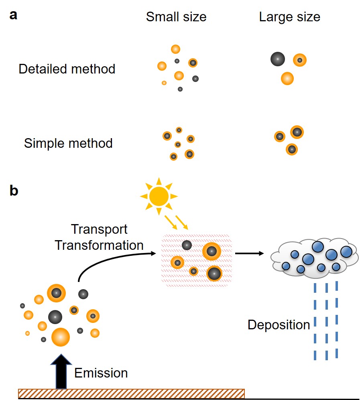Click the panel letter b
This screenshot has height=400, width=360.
14,192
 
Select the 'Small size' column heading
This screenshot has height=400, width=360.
176,17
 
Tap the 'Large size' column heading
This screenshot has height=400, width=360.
289,17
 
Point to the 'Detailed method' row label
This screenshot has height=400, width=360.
67,69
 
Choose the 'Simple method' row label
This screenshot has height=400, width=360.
68,143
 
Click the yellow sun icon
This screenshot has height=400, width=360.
159,196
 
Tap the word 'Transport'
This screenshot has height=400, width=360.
99,229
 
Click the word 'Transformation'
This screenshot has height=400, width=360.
99,245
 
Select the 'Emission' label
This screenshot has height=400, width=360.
101,373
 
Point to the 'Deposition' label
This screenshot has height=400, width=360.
279,324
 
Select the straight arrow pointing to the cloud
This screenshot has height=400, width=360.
249,253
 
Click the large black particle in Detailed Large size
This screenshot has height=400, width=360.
277,59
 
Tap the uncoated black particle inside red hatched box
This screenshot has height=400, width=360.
187,245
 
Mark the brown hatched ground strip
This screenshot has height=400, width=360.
131,393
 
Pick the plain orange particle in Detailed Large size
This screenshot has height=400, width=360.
287,78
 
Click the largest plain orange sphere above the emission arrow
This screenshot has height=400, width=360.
61,337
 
